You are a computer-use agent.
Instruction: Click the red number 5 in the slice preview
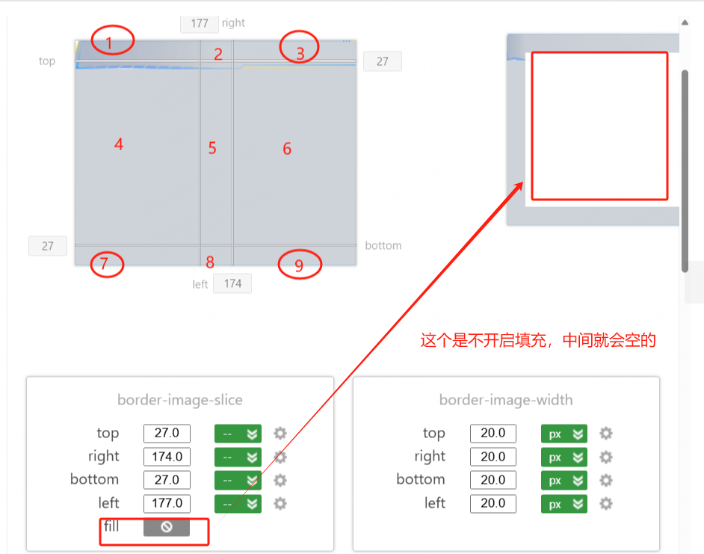[212, 148]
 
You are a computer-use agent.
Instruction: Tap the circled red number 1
[109, 43]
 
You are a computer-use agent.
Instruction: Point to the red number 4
[119, 144]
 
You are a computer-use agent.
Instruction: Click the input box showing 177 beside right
[200, 23]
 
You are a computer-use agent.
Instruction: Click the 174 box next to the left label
[232, 283]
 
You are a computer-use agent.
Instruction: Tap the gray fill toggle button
[167, 527]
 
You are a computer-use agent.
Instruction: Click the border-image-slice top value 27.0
[167, 434]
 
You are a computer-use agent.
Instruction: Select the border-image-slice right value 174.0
[167, 457]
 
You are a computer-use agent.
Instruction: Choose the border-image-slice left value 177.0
[167, 503]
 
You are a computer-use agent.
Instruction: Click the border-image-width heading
[506, 400]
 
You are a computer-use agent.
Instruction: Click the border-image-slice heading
[180, 400]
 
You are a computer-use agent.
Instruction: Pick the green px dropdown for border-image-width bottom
[563, 480]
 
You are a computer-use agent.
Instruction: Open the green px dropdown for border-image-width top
[563, 434]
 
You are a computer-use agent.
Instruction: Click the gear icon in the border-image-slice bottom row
[280, 480]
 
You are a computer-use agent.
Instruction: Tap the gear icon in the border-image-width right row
[606, 457]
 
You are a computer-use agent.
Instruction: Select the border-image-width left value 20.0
[493, 503]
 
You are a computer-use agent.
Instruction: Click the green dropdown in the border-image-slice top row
[238, 434]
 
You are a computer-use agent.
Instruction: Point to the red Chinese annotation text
[538, 341]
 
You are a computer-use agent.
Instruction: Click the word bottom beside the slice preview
[383, 245]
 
